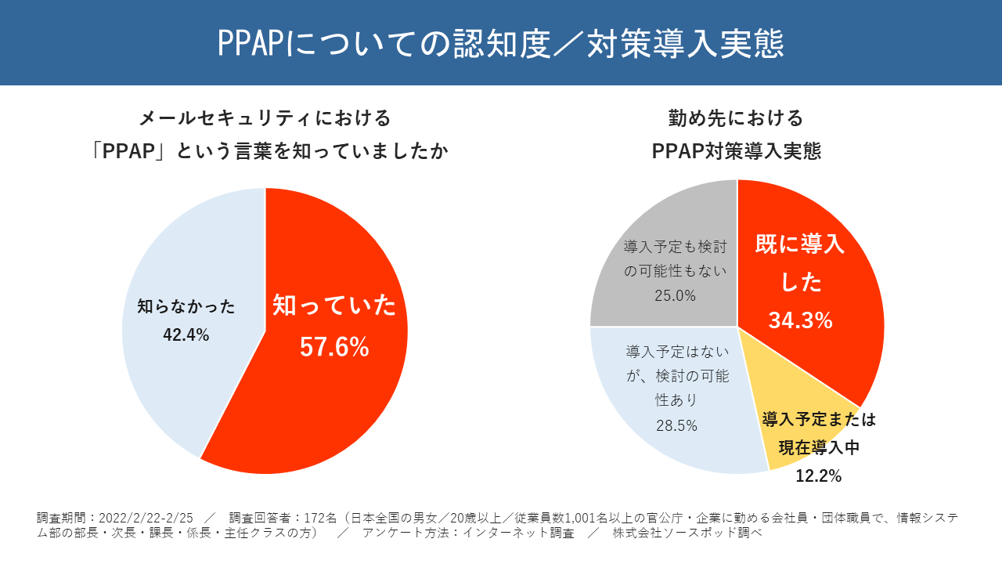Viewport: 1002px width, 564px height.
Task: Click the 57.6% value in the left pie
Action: pyautogui.click(x=334, y=347)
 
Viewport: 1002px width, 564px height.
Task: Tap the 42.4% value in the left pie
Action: pyautogui.click(x=186, y=334)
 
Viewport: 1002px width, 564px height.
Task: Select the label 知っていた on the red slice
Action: pyautogui.click(x=334, y=305)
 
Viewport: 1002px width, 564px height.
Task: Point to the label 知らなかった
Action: pyautogui.click(x=186, y=306)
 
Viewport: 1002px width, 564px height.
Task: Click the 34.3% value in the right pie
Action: pyautogui.click(x=799, y=320)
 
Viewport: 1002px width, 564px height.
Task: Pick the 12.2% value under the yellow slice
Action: pyautogui.click(x=818, y=475)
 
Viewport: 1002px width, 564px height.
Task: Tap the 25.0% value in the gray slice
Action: pyautogui.click(x=675, y=295)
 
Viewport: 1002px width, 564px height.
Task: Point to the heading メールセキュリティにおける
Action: pyautogui.click(x=265, y=118)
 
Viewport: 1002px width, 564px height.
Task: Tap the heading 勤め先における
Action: pyautogui.click(x=736, y=118)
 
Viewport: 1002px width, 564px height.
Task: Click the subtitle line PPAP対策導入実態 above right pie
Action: pyautogui.click(x=736, y=151)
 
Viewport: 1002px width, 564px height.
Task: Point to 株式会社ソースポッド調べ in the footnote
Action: pyautogui.click(x=687, y=533)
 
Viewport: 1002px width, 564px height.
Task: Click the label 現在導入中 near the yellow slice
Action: pyautogui.click(x=818, y=447)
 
